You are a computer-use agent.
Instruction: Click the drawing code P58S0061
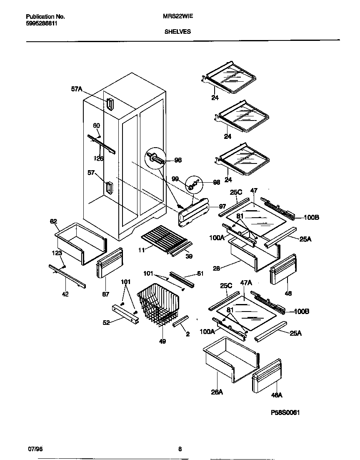click(285, 412)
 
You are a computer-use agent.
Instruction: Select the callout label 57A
click(77, 89)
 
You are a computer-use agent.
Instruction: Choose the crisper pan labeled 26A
click(229, 359)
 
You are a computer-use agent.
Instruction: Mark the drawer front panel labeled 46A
click(267, 377)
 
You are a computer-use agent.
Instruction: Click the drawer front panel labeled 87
click(110, 263)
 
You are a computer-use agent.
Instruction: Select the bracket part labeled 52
click(124, 315)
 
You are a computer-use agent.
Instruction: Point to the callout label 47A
click(247, 282)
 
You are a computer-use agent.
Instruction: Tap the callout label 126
click(98, 158)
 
